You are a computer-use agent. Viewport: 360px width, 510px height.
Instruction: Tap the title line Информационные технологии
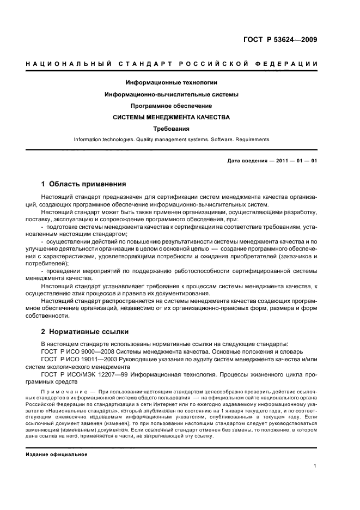coord(172,83)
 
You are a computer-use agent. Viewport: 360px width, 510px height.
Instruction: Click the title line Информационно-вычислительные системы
coord(172,94)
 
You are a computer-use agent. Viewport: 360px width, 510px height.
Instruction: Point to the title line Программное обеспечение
coord(172,106)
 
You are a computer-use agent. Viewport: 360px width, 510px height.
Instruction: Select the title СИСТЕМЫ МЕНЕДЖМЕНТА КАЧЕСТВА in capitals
coord(172,117)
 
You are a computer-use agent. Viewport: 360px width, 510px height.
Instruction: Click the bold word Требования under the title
coord(172,129)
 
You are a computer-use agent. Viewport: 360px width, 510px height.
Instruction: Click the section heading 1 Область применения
coord(83,184)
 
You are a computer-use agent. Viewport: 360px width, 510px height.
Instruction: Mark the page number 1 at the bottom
coord(315,466)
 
